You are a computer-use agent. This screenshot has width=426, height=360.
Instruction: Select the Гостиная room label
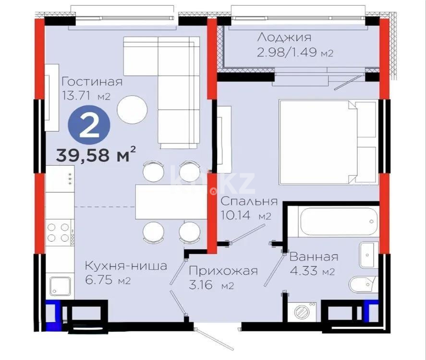pos(92,81)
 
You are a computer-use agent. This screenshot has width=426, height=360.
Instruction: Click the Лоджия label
pos(284,37)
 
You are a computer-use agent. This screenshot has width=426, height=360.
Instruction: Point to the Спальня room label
pos(249,202)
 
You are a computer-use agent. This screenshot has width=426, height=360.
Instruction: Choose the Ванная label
pos(314,257)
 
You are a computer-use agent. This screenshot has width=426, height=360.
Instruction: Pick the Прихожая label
pos(223,271)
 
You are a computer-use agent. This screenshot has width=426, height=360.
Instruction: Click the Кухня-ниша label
pos(126,265)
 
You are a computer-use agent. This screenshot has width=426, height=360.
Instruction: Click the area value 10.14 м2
pos(244,216)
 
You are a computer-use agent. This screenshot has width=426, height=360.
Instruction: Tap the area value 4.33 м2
pos(312,272)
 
